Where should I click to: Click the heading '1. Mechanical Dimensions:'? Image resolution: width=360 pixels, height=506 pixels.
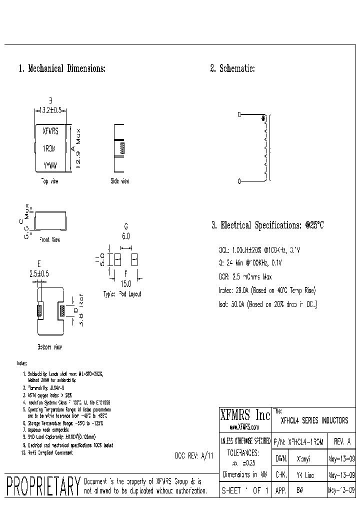coord(62,69)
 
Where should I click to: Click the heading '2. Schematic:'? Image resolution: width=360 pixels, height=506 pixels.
coord(232,69)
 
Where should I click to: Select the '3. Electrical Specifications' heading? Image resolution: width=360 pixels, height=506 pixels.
coord(267,225)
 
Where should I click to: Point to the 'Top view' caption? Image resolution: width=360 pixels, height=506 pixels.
coord(49,181)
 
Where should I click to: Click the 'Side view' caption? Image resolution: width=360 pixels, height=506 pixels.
coord(120,181)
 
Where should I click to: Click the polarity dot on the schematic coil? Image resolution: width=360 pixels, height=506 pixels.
coord(263,118)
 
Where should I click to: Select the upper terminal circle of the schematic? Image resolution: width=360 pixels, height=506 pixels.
coord(239,115)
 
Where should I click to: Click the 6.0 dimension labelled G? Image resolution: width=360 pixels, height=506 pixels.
coord(125,236)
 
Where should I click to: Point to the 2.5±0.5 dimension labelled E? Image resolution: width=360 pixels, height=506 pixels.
coord(39,273)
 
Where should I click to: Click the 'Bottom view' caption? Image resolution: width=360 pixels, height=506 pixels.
coord(50,346)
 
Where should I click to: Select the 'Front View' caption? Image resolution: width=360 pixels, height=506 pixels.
coord(49,240)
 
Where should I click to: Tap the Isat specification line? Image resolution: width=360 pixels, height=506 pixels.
coord(267,303)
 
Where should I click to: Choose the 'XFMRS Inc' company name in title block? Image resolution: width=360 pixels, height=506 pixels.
coord(245,415)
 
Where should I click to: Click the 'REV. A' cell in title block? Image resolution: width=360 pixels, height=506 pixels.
coord(341,441)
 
